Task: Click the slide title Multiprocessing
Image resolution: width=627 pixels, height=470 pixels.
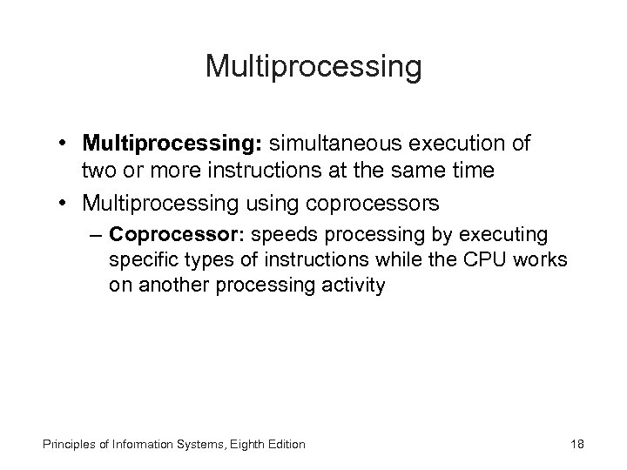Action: tap(313, 67)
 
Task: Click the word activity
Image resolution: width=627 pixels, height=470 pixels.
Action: tap(354, 285)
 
